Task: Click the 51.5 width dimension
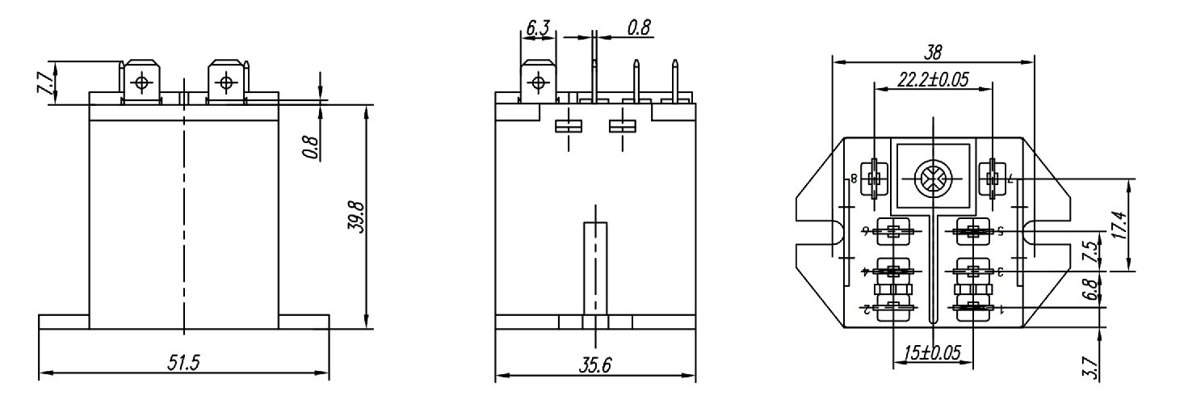184,363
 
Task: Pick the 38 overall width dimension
933,52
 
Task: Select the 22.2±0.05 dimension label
933,79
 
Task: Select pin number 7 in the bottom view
1010,178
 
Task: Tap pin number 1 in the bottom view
1001,308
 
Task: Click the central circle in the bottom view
931,178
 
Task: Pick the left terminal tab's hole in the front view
142,82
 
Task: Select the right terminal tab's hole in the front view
225,82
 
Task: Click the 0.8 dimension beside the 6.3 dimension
640,28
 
